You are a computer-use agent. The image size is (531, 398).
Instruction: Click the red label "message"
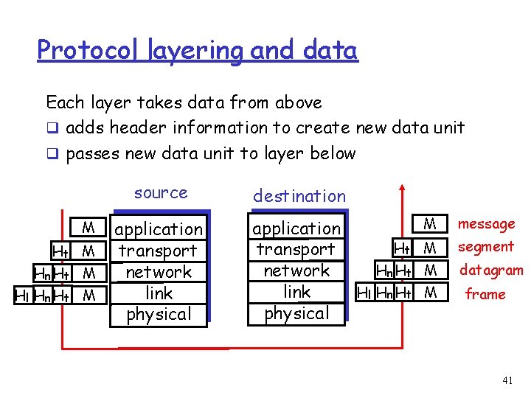(x=487, y=223)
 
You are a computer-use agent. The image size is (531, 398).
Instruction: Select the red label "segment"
(x=486, y=246)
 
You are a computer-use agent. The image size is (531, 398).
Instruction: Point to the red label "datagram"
(x=491, y=270)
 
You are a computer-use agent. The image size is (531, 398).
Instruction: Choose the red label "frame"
(x=485, y=294)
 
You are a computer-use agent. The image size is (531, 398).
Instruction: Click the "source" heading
(x=161, y=193)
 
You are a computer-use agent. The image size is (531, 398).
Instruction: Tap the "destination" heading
(x=299, y=196)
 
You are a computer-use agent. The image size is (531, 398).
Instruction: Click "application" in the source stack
(x=159, y=229)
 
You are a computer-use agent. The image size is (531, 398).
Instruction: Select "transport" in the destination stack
(x=296, y=249)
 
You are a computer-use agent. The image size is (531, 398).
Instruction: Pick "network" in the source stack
(x=159, y=272)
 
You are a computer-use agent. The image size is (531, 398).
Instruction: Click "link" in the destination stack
(x=296, y=292)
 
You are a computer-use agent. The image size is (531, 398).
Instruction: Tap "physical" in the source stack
(x=159, y=314)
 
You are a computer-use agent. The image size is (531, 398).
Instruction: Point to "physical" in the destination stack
(x=296, y=313)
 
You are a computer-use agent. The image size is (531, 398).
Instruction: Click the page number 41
(x=507, y=380)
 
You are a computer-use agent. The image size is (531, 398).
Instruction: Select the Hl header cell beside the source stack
(x=22, y=296)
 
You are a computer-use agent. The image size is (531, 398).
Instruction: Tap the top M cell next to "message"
(x=431, y=223)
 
